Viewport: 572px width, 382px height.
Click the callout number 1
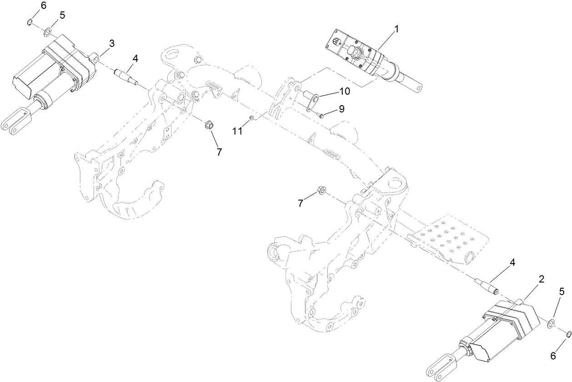[x=396, y=29]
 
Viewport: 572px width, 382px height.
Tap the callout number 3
[x=111, y=43]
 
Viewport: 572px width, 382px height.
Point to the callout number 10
[x=344, y=91]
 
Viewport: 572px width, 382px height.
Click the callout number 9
[x=341, y=109]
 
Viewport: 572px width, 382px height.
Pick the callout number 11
[x=238, y=131]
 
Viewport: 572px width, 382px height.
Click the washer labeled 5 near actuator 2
[x=550, y=323]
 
